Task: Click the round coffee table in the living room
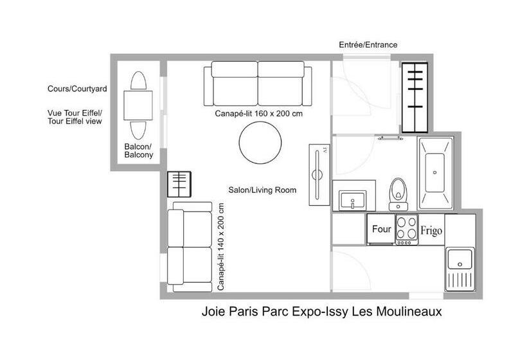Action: (260, 143)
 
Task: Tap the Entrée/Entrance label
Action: (368, 45)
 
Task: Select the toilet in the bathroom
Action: (398, 194)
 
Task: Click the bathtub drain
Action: (434, 172)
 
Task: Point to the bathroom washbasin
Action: (352, 201)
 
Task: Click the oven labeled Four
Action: (381, 230)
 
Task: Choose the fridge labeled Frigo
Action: (431, 230)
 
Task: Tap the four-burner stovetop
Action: (407, 230)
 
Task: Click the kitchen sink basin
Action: (460, 259)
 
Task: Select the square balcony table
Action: (138, 105)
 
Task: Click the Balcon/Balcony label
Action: (138, 150)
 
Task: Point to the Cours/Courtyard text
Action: (77, 89)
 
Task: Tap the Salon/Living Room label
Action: (262, 190)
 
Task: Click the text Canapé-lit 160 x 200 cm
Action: (259, 114)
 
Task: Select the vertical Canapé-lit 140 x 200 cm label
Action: (220, 247)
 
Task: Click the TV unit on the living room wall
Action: (319, 175)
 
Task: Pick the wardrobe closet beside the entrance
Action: (415, 98)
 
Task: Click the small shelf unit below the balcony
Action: (179, 184)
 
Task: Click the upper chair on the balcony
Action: (138, 80)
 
